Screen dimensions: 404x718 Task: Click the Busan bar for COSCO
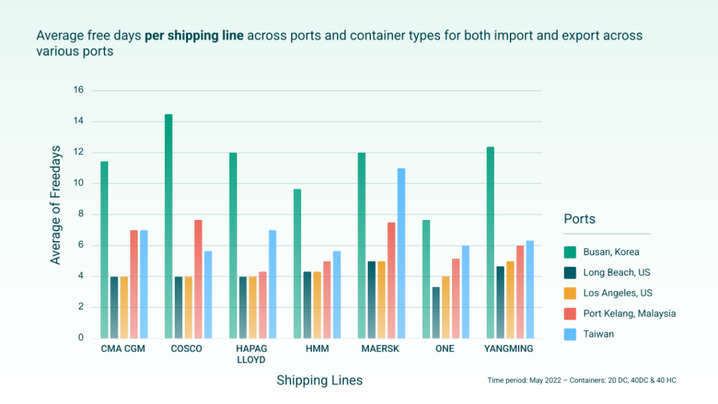coord(169,226)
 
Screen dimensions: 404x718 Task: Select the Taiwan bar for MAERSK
coord(401,253)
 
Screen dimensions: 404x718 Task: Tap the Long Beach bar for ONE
coord(435,312)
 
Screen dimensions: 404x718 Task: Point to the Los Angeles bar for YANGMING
coord(510,300)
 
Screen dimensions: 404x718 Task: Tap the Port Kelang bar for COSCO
coord(198,279)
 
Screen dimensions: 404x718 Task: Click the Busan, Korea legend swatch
coord(570,252)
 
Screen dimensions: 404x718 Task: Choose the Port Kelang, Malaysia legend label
coord(630,314)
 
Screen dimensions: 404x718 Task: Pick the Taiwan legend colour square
coord(570,334)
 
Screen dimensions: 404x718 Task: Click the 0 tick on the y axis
coord(80,338)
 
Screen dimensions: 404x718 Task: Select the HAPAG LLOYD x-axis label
coord(251,354)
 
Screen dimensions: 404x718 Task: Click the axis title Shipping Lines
coord(320,381)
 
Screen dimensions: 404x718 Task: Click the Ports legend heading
coord(580,219)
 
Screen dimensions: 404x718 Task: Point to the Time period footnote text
coord(582,380)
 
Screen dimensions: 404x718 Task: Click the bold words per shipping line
coord(194,35)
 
